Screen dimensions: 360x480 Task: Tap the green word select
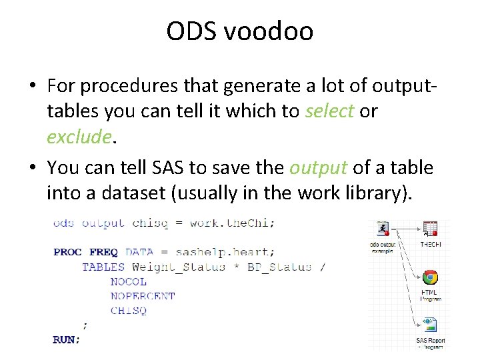coord(329,111)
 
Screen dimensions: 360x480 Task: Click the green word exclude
coord(79,137)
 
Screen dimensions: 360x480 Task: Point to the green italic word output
coord(318,168)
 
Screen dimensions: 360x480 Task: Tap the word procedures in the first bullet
coord(147,86)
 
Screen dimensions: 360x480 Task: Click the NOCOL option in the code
coord(129,281)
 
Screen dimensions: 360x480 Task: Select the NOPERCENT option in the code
coord(143,296)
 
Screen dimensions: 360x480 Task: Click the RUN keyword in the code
coord(65,339)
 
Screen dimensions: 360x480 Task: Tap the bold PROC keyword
coord(67,252)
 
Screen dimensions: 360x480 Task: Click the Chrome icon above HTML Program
coord(430,277)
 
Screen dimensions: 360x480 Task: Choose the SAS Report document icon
coord(430,325)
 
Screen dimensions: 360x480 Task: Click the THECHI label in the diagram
coord(430,245)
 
